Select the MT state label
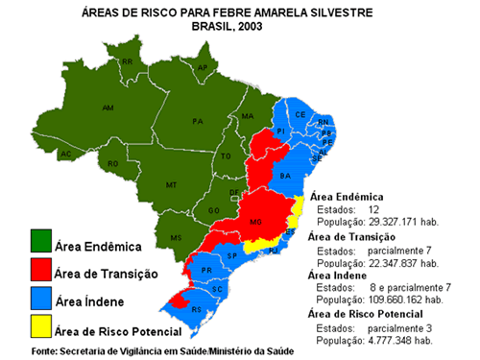(172, 184)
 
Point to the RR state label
(127, 61)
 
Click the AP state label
(203, 68)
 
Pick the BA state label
(284, 177)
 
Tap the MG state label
(255, 222)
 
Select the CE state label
(300, 114)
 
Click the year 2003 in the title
(258, 27)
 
